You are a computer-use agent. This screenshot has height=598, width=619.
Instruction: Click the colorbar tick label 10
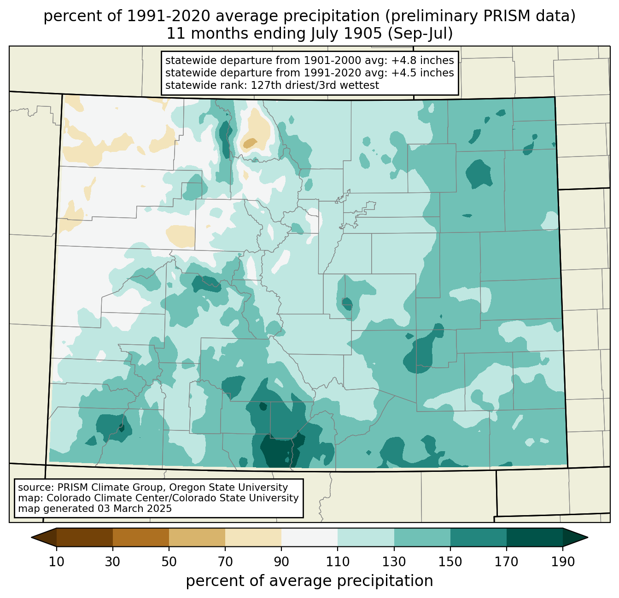tap(56, 562)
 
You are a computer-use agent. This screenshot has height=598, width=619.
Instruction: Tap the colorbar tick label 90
tap(281, 562)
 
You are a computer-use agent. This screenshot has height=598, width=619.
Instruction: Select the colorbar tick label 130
tap(394, 562)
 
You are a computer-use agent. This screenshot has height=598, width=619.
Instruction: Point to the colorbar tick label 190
tap(563, 562)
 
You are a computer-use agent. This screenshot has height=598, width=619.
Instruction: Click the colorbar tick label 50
tap(169, 562)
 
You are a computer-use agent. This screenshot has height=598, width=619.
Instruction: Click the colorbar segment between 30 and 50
tap(140, 537)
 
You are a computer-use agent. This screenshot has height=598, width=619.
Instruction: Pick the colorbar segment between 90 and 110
tap(309, 537)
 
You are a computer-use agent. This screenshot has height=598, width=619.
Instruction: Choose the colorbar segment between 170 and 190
tap(534, 537)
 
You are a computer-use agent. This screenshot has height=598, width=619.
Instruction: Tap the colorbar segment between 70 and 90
tap(253, 537)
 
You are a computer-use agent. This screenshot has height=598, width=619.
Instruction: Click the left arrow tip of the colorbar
tap(31, 537)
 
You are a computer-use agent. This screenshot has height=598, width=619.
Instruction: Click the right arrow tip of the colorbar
tap(588, 537)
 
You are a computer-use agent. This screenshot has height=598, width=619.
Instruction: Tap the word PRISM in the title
tap(504, 17)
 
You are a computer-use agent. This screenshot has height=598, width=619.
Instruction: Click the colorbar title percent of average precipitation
tap(309, 581)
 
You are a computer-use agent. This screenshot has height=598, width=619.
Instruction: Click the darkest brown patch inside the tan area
tap(250, 143)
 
